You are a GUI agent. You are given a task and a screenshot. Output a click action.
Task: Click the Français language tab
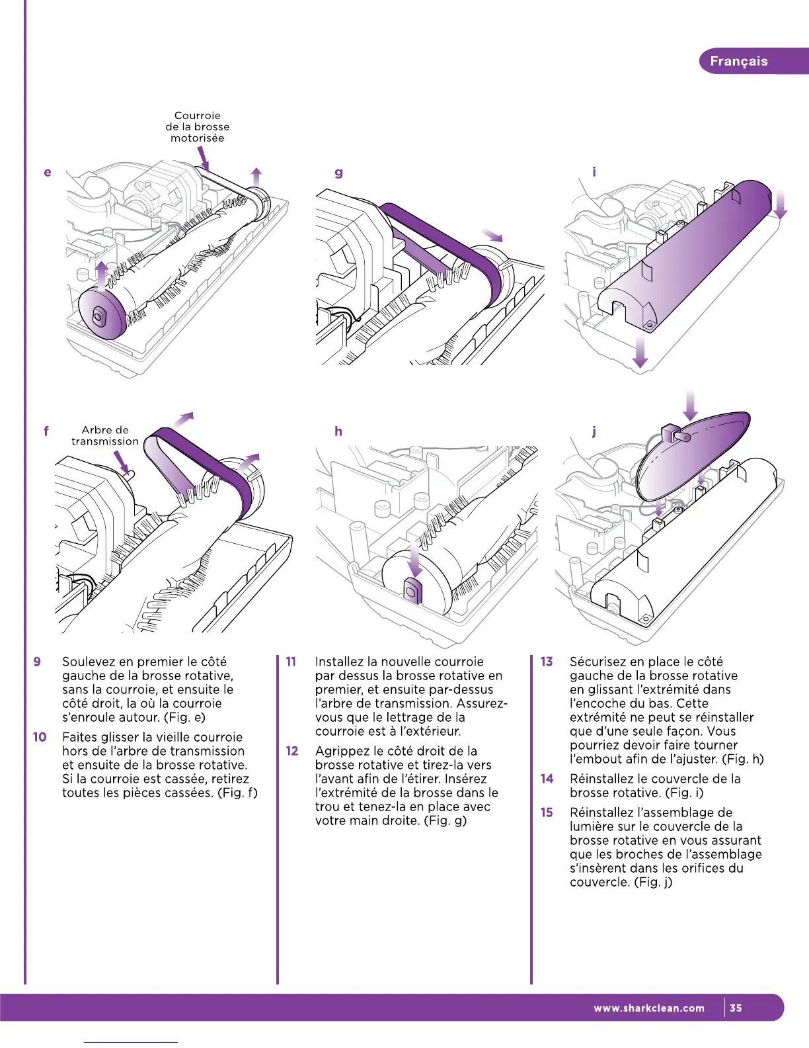pyautogui.click(x=738, y=62)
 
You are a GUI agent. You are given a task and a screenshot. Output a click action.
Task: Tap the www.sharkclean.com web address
pyautogui.click(x=649, y=1008)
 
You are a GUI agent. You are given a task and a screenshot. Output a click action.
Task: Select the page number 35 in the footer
pyautogui.click(x=736, y=1008)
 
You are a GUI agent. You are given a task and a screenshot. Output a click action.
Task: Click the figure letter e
pyautogui.click(x=47, y=173)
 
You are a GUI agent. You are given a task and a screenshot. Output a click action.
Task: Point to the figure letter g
pyautogui.click(x=338, y=173)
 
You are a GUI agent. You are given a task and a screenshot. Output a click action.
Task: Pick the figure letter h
pyautogui.click(x=338, y=431)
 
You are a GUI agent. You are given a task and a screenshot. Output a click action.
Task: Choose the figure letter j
pyautogui.click(x=594, y=431)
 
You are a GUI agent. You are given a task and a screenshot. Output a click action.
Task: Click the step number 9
pyautogui.click(x=37, y=662)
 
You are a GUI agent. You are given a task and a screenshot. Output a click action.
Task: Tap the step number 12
pyautogui.click(x=292, y=751)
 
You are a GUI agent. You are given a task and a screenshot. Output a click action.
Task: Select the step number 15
pyautogui.click(x=547, y=812)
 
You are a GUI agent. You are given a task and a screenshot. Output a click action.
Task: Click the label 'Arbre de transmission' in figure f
pyautogui.click(x=105, y=436)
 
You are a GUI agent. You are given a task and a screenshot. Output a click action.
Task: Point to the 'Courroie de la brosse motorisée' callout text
pyautogui.click(x=198, y=126)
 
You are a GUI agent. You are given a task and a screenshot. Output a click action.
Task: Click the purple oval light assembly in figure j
pyautogui.click(x=694, y=457)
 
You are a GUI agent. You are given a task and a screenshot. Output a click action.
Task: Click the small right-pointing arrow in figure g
pyautogui.click(x=492, y=235)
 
